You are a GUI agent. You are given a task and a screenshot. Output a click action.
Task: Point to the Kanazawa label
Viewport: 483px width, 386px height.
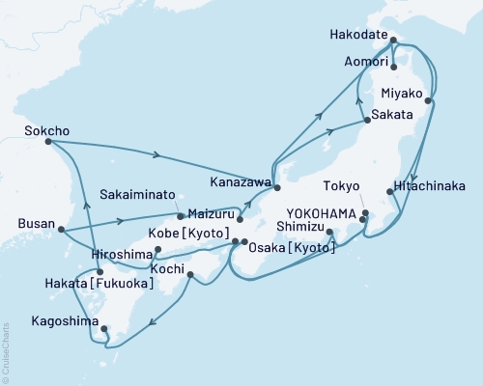click(238, 180)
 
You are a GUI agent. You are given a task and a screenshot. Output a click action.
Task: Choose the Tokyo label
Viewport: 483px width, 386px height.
click(343, 186)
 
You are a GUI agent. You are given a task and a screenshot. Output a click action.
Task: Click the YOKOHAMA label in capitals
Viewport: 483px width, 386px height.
click(326, 213)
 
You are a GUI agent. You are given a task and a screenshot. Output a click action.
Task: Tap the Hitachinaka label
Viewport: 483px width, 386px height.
click(431, 188)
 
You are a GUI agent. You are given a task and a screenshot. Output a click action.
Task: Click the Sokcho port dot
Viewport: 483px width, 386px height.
click(48, 142)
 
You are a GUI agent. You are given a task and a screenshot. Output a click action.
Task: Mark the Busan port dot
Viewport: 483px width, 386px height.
click(60, 230)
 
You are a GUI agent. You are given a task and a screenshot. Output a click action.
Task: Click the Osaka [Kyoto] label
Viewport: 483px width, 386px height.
click(293, 248)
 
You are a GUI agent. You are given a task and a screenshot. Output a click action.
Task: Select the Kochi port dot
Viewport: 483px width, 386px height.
click(190, 275)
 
